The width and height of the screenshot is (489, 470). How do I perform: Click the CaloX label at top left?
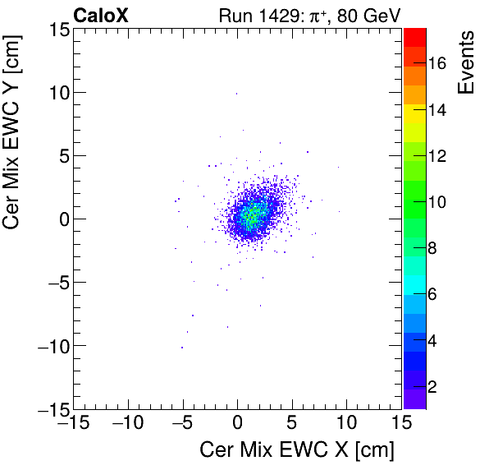tap(101, 15)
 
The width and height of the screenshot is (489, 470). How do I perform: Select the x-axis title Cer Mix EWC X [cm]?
tap(297, 450)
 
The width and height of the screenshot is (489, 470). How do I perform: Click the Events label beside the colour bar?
tap(465, 62)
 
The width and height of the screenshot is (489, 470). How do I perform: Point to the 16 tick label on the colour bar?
tap(440, 65)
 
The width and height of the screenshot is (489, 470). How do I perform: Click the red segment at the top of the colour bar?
tap(414, 36)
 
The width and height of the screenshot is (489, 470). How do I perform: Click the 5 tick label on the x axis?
tap(292, 423)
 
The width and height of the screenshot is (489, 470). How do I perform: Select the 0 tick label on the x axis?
tap(237, 423)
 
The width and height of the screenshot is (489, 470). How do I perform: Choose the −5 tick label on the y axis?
tap(53, 282)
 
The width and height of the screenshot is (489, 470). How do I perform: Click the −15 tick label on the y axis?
tap(48, 408)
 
